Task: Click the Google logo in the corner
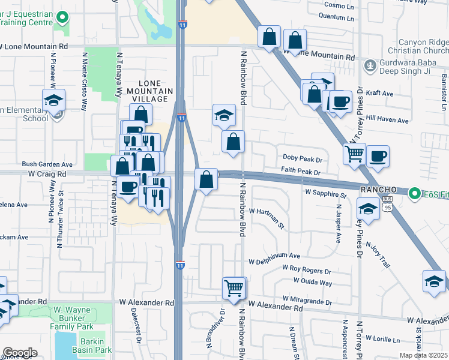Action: coord(20,353)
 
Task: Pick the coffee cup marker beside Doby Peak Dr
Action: coord(378,157)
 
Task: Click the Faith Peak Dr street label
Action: coord(302,172)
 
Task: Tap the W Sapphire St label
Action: coord(325,194)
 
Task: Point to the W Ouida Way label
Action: coord(313,282)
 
